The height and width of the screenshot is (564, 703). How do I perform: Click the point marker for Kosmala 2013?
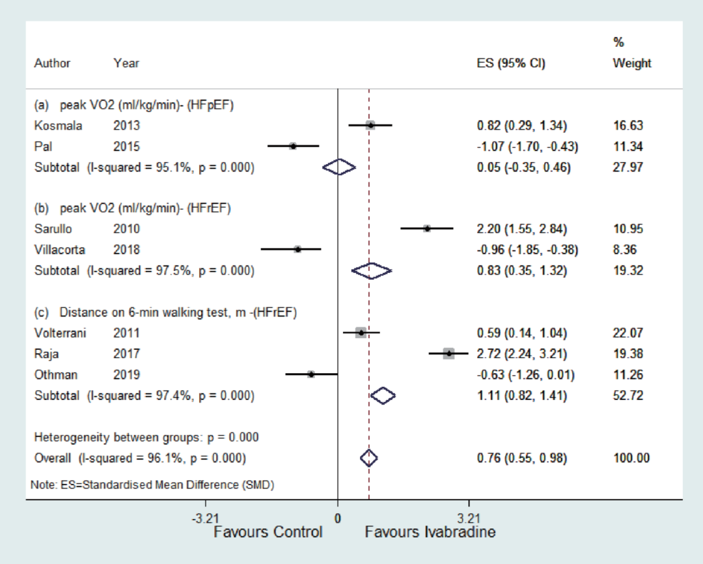coord(370,125)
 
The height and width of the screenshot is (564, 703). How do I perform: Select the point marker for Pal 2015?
coord(293,146)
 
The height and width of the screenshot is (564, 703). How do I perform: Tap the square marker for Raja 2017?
coord(448,353)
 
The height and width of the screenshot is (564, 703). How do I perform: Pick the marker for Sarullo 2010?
coord(427,229)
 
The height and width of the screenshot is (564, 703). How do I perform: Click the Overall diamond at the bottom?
coord(369,458)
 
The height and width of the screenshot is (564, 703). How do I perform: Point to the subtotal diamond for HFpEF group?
coord(340,167)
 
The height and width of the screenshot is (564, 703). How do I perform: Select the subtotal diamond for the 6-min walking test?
coord(383,395)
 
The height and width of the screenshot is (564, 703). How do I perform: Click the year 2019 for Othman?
coord(126,374)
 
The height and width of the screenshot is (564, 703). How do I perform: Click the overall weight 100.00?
coord(631,458)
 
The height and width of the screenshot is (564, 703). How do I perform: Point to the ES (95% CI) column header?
coord(511,64)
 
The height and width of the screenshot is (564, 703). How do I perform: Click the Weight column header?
coord(631,63)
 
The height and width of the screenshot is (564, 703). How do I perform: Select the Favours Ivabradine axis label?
coord(430,533)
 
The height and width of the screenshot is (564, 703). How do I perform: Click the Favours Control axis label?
coord(268,533)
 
